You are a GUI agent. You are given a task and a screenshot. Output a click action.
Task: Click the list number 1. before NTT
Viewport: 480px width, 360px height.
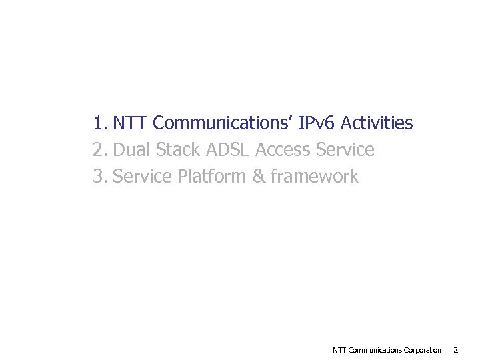pos(100,123)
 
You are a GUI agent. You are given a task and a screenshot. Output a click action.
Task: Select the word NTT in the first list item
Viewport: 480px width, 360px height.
pos(131,123)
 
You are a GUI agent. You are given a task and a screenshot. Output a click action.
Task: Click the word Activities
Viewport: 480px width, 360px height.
pos(377,123)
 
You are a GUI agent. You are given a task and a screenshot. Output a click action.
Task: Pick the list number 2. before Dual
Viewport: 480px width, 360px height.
pos(100,150)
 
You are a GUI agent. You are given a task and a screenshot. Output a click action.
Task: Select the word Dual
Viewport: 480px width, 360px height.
pos(132,150)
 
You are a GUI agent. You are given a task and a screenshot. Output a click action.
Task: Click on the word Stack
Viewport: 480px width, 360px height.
pos(177,150)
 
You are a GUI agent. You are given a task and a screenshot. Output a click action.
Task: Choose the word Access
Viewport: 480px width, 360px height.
pos(283,150)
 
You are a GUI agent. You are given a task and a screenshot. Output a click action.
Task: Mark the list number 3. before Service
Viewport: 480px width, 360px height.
pos(100,177)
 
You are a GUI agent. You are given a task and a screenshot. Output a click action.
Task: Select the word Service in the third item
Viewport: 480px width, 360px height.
pos(143,177)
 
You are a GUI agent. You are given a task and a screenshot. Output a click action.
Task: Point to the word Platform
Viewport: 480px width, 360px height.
pos(213,177)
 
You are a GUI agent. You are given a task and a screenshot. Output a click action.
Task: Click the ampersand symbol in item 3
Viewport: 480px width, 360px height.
pos(259,177)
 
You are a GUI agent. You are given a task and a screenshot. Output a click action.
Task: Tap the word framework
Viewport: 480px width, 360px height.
pos(315,177)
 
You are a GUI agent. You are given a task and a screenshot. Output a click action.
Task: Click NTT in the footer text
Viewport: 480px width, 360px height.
pos(339,350)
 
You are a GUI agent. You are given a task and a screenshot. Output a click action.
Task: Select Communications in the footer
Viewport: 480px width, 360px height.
pos(375,350)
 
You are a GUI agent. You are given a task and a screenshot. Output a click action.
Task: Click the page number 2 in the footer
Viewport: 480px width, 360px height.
pos(455,350)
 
